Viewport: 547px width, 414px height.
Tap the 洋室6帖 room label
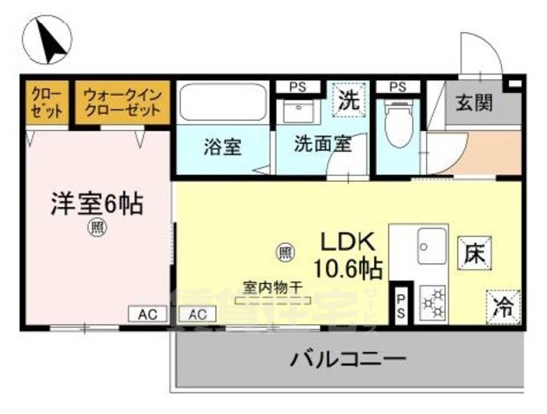click(x=95, y=204)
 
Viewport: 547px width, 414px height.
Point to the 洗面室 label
click(x=321, y=145)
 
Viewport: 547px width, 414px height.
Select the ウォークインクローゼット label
click(x=122, y=102)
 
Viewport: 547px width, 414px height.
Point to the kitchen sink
click(x=430, y=247)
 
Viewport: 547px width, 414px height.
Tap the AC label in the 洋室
click(x=144, y=314)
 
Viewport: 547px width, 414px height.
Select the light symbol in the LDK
click(x=283, y=252)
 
